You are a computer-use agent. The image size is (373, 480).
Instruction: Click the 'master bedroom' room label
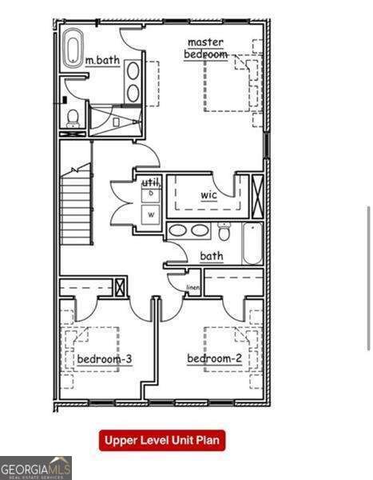coord(205,48)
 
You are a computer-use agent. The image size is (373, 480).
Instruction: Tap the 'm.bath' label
coord(101,60)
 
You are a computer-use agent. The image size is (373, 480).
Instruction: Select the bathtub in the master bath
coord(73,47)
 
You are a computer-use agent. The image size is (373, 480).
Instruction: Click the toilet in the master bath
coord(73,117)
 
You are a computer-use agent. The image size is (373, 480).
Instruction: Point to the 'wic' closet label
coord(208,194)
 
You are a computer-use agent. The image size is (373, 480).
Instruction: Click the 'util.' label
coord(151,183)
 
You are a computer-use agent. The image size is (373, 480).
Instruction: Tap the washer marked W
coord(150,214)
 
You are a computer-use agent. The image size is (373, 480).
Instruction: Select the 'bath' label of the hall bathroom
coord(212,256)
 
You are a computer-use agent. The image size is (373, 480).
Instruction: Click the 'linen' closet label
coord(192,287)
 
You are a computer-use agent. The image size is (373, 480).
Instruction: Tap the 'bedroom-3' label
coord(104,359)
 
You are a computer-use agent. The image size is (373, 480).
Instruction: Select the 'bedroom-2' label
coord(214,358)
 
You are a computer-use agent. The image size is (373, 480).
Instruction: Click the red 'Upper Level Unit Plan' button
coord(162,440)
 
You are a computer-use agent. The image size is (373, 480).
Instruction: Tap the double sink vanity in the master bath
coord(133,81)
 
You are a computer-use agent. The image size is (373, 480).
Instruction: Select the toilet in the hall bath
coord(224,232)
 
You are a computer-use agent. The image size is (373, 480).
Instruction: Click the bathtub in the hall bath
coord(252,243)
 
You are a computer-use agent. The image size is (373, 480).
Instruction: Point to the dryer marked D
coord(150,194)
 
